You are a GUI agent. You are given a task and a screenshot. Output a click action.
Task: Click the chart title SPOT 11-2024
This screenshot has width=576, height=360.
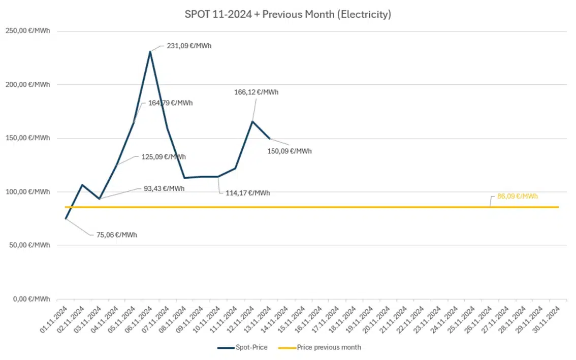pyautogui.click(x=288, y=15)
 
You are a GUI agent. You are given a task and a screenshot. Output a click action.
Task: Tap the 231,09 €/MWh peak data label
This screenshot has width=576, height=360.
pyautogui.click(x=189, y=46)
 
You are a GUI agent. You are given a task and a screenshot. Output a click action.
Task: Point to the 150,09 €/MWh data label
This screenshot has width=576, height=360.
pyautogui.click(x=290, y=151)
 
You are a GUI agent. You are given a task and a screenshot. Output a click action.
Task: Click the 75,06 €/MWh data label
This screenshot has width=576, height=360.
pyautogui.click(x=116, y=235)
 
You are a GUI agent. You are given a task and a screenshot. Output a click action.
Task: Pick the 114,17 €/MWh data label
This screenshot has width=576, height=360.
pyautogui.click(x=248, y=193)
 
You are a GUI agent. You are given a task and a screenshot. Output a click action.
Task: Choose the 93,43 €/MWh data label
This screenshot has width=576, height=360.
pyautogui.click(x=164, y=188)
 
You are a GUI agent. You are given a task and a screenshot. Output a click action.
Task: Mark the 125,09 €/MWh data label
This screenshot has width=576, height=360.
pyautogui.click(x=164, y=156)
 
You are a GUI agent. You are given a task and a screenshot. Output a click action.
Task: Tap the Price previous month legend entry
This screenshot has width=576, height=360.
pyautogui.click(x=320, y=347)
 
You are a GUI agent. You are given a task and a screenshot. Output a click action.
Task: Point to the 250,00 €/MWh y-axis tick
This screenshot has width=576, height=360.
pyautogui.click(x=28, y=31)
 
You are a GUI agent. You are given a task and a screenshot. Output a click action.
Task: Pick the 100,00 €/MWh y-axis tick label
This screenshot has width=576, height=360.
pyautogui.click(x=28, y=192)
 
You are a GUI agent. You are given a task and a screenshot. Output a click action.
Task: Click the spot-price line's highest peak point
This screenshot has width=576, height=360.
pyautogui.click(x=150, y=51)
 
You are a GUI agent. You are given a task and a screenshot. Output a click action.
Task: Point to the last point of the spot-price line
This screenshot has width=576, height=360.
pyautogui.click(x=269, y=138)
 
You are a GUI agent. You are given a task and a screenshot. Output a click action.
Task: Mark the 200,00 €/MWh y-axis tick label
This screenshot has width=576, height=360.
pyautogui.click(x=28, y=85)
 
